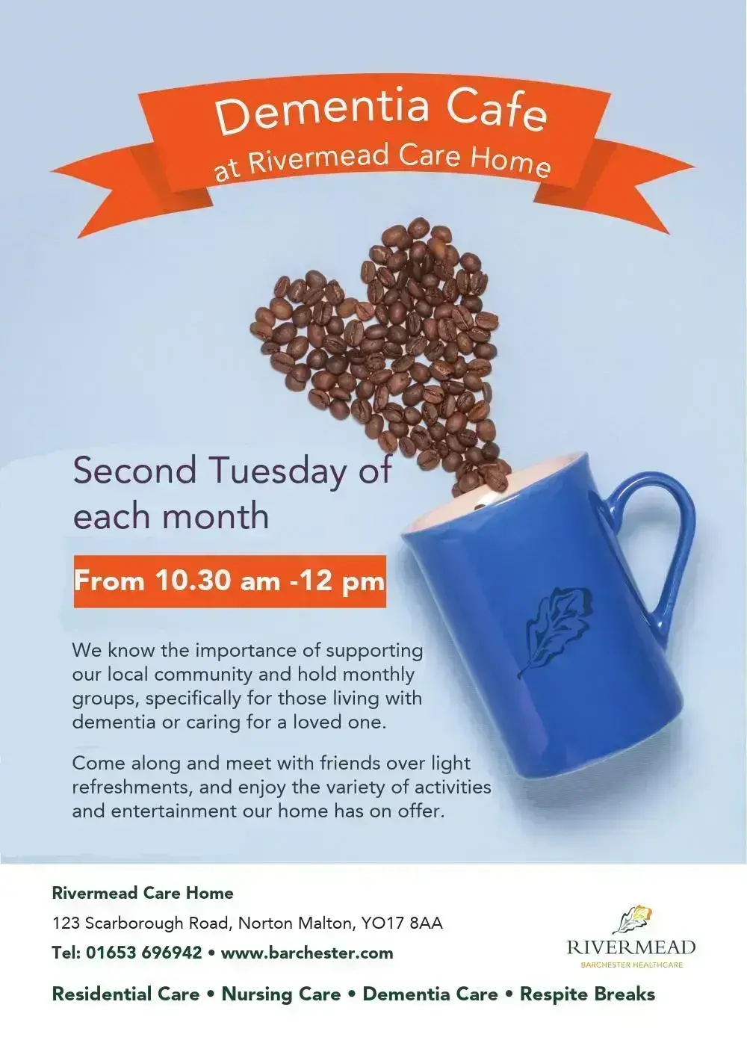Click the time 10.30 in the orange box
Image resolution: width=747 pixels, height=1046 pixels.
click(193, 581)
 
